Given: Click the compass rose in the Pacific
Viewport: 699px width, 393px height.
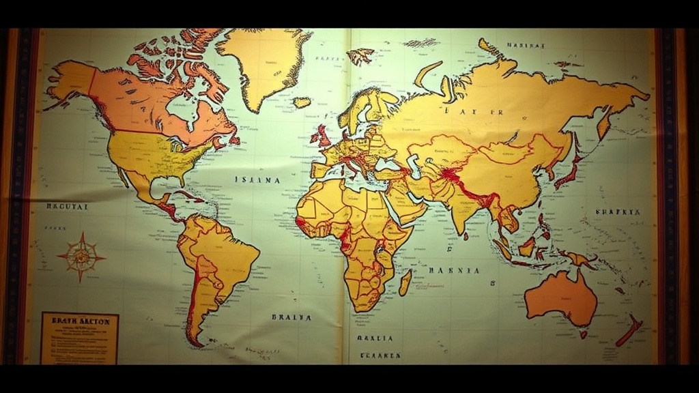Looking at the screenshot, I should (x=81, y=257).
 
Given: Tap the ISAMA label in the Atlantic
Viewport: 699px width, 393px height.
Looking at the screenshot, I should (x=257, y=180).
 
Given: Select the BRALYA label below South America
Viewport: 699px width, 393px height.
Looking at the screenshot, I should (x=291, y=317).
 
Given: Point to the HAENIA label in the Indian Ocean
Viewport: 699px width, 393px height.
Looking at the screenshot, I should (x=454, y=270).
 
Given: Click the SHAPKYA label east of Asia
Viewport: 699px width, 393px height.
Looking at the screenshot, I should (x=618, y=212).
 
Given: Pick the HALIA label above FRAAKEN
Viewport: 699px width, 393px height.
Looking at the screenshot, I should (x=375, y=338).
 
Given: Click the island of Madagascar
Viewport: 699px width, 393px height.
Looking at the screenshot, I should (x=405, y=282).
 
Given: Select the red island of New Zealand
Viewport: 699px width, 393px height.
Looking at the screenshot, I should (x=629, y=330).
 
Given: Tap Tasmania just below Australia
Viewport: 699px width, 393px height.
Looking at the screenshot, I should (x=584, y=334).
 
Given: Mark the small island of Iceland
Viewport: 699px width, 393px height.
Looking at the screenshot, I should (x=302, y=102).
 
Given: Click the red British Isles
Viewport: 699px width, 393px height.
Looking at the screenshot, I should (x=321, y=135).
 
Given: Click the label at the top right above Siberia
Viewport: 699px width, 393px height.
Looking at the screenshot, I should (x=526, y=46).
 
